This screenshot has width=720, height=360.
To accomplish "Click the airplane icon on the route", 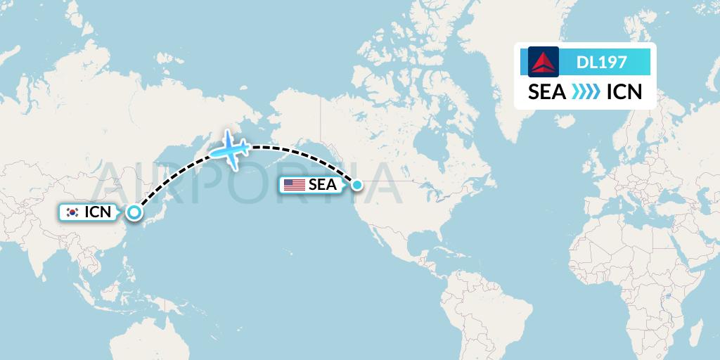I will click(x=230, y=148).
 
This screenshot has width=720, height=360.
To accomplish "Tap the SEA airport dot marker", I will click(x=357, y=185).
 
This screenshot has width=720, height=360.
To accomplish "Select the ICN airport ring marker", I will click(x=134, y=212).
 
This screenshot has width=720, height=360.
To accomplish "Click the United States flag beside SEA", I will click(x=294, y=185).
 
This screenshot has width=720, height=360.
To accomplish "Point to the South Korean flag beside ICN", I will click(x=72, y=212).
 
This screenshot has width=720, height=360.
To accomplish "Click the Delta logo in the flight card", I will click(x=543, y=62).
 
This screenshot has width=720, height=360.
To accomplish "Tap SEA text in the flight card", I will click(x=547, y=92).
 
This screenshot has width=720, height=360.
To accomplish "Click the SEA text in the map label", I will click(x=322, y=185).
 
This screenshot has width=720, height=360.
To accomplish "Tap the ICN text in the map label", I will click(x=98, y=212).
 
